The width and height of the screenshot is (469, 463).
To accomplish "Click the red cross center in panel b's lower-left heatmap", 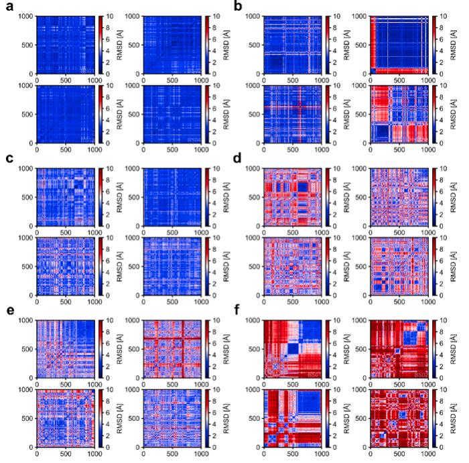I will [299, 107].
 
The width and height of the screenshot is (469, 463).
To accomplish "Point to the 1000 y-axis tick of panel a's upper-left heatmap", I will [24, 15].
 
